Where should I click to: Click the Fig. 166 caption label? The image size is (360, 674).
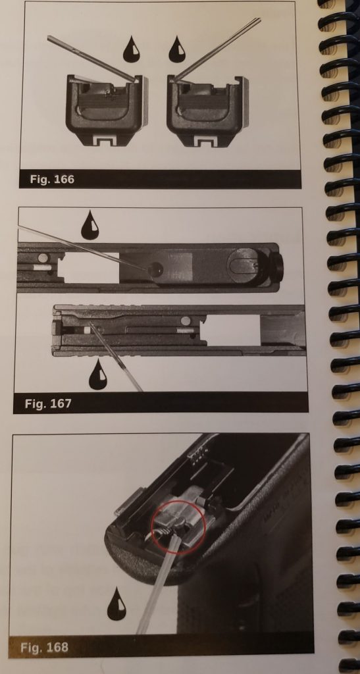pos(52,179)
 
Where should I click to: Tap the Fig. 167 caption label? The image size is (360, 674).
pos(47,404)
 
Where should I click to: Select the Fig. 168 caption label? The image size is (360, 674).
pos(44,648)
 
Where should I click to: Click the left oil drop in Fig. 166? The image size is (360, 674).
pos(132,49)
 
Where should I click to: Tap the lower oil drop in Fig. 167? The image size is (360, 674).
pos(97,375)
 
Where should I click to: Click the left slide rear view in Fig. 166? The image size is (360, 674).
pos(107,111)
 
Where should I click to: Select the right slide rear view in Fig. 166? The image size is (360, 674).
pos(208,111)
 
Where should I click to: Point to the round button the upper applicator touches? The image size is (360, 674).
pos(155,269)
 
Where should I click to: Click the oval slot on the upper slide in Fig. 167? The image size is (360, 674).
pos(244,268)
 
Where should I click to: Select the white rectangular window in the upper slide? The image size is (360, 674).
pos(91,267)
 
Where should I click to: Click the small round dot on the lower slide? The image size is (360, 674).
pos(186,321)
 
